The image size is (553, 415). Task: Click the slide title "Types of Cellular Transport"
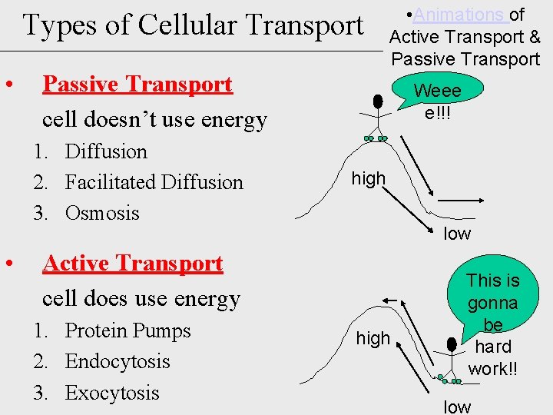193,25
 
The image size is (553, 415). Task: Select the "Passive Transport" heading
137,84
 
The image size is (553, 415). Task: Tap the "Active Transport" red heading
133,264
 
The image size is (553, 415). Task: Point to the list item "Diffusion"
106,151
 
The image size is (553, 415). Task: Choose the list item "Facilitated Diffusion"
154,182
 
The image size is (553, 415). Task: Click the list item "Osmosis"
102,213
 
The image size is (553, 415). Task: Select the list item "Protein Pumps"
127,330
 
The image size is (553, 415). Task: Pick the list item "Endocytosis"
118,361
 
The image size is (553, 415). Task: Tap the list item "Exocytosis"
112,393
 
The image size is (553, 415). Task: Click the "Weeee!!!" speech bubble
437,101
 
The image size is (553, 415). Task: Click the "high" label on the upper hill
368,179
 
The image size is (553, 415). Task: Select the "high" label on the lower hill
373,338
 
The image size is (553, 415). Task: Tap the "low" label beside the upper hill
457,234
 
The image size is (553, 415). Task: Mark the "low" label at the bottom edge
457,407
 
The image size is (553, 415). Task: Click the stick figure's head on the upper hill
377,101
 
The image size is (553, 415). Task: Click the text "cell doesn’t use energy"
154,120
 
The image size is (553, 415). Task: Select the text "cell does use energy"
141,298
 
